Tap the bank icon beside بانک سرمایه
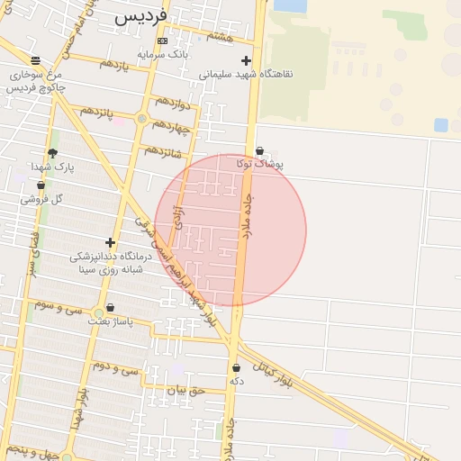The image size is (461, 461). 162,41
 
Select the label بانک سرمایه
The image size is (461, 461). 162,54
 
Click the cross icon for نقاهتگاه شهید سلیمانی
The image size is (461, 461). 246,60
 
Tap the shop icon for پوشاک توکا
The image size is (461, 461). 260,151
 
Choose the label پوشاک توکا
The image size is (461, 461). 260,165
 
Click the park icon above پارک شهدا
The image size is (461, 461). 51,153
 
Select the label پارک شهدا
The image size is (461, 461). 51,167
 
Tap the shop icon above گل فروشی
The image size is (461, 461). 41,185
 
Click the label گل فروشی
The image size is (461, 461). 44,199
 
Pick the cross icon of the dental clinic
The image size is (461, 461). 110,242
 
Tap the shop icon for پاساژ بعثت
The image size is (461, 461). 110,308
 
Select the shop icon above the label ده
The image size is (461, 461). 236,367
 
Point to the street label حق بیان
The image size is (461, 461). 186,390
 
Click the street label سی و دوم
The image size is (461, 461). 116,368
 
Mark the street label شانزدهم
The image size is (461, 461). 162,150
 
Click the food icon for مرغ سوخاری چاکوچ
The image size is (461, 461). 35,60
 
